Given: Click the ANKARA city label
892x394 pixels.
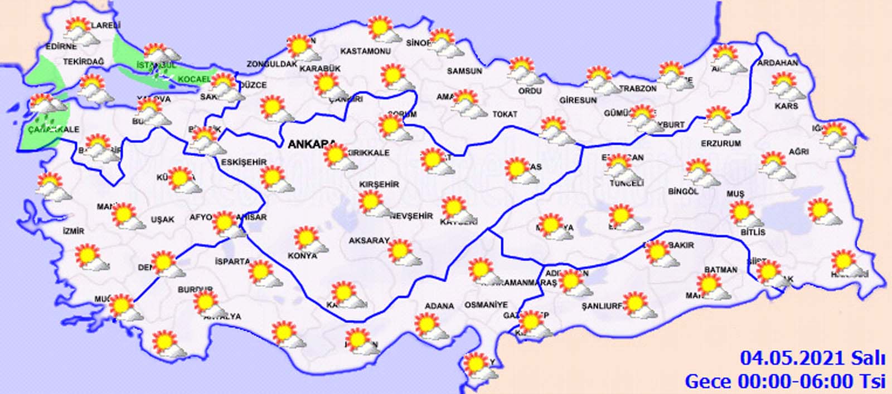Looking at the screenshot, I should (308, 145).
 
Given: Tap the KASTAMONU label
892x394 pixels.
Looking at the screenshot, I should (365, 51).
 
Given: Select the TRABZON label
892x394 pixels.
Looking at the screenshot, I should (637, 88).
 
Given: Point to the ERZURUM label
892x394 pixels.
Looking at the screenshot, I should (721, 144).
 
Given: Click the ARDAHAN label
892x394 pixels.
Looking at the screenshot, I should (777, 63).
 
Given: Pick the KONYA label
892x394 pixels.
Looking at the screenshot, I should (302, 255).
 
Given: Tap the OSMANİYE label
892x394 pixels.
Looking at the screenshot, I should (486, 305).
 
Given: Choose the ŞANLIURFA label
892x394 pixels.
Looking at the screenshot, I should (602, 307).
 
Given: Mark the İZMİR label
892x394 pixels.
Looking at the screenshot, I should (73, 231).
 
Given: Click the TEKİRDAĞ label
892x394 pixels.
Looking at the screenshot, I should (84, 62).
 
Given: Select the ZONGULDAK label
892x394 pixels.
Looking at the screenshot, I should (272, 64).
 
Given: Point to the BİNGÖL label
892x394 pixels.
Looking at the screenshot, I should (683, 191).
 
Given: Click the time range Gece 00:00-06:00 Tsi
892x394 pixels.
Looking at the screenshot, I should (785, 381).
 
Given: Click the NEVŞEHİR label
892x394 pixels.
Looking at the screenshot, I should (411, 216).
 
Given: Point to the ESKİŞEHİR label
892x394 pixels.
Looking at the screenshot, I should (244, 162).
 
